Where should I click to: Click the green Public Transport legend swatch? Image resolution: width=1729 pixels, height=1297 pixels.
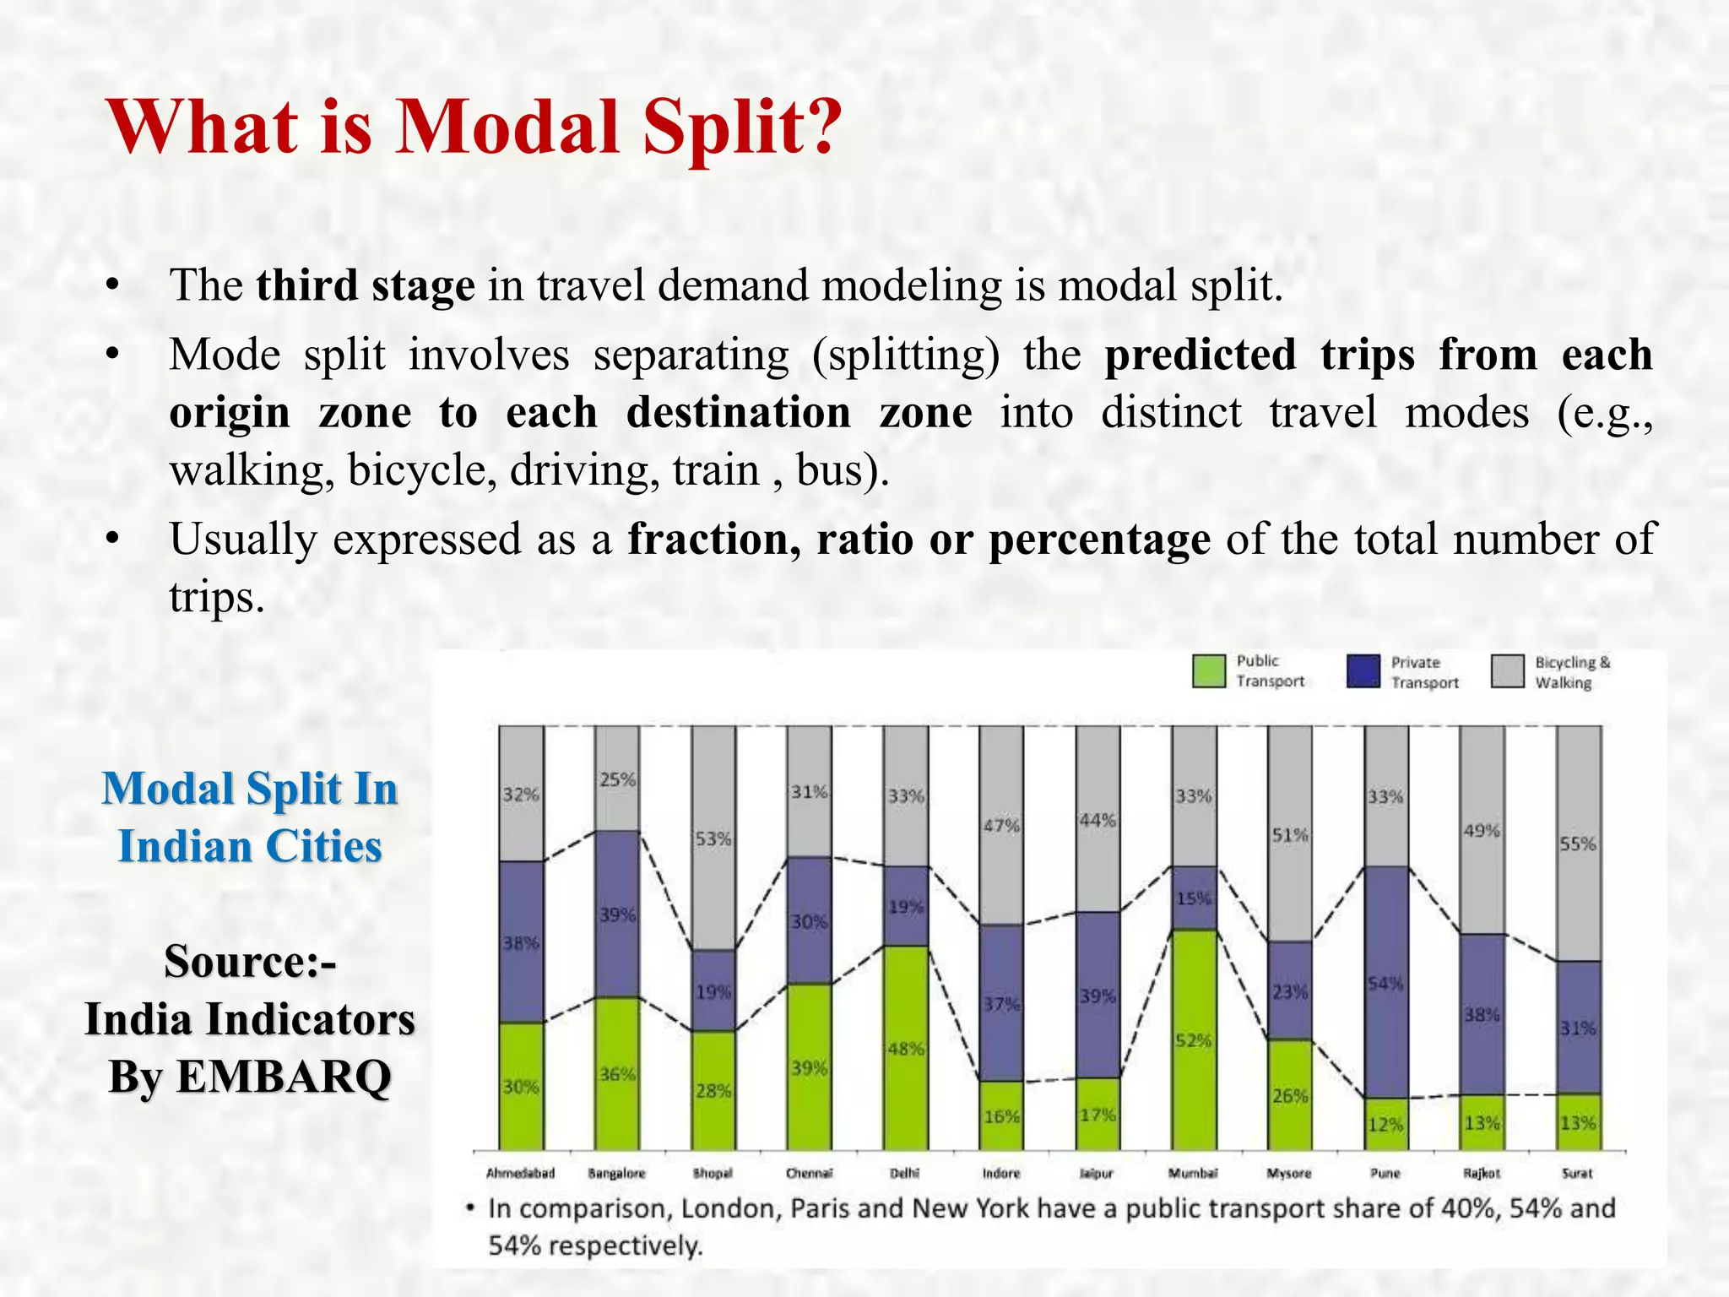click(1209, 671)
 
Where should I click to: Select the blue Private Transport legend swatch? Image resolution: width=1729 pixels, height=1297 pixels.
click(1363, 671)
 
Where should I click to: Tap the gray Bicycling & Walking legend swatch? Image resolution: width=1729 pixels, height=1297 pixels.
click(1507, 671)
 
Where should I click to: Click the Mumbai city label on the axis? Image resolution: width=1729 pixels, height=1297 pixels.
click(1193, 1173)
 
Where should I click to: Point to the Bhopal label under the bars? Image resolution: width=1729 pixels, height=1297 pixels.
click(713, 1173)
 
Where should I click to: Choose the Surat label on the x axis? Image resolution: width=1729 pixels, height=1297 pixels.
click(1577, 1173)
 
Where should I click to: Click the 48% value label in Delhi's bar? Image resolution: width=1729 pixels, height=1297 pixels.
click(905, 1049)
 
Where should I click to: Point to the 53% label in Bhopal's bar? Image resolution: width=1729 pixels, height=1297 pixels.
click(713, 839)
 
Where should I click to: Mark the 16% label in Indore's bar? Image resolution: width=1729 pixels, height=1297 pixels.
click(1001, 1116)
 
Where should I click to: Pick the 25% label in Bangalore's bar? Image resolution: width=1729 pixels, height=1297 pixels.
click(617, 779)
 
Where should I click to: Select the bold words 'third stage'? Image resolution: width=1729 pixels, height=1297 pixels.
click(366, 285)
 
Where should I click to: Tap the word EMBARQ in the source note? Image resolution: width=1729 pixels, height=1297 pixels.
click(284, 1077)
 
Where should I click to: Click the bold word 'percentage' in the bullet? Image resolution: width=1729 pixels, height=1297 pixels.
click(1099, 540)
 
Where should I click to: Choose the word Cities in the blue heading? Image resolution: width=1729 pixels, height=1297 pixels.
click(323, 846)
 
